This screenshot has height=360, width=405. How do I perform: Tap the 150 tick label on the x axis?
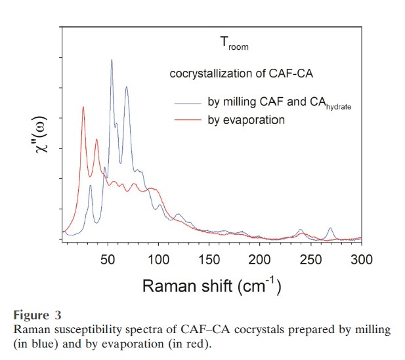[209, 260]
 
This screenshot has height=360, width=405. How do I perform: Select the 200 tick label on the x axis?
[260, 260]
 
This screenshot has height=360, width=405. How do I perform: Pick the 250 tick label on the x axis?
[310, 260]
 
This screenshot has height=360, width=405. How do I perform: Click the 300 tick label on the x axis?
[360, 260]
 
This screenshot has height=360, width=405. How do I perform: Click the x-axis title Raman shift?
[212, 286]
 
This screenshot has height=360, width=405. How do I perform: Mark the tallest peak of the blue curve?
[112, 60]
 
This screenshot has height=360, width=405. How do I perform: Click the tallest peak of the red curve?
[83, 107]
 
